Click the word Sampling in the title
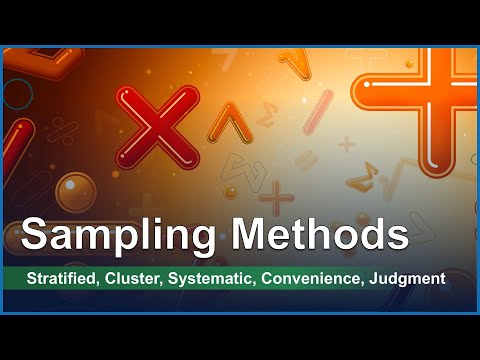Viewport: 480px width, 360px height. [119, 235]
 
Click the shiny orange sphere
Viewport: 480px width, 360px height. [75, 191]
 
